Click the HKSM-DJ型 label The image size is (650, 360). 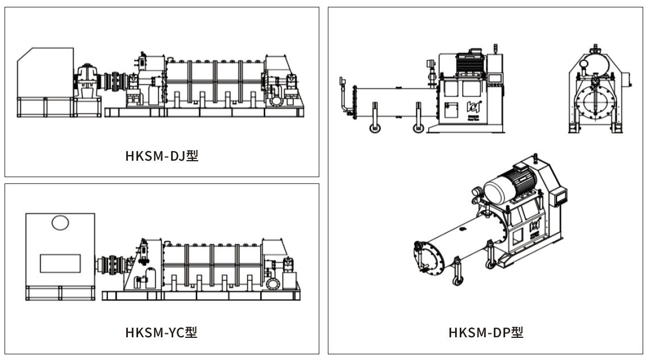pyautogui.click(x=162, y=155)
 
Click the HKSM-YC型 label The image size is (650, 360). pyautogui.click(x=162, y=332)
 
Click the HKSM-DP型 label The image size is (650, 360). pyautogui.click(x=486, y=332)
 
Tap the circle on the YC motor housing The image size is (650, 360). pyautogui.click(x=60, y=223)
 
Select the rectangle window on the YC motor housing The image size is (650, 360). pyautogui.click(x=60, y=263)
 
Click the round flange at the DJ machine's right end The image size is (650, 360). pyautogui.click(x=277, y=102)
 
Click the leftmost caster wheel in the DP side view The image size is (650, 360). pyautogui.click(x=375, y=128)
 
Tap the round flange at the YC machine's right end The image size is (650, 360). pyautogui.click(x=272, y=283)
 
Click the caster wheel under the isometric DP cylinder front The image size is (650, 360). pyautogui.click(x=456, y=279)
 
